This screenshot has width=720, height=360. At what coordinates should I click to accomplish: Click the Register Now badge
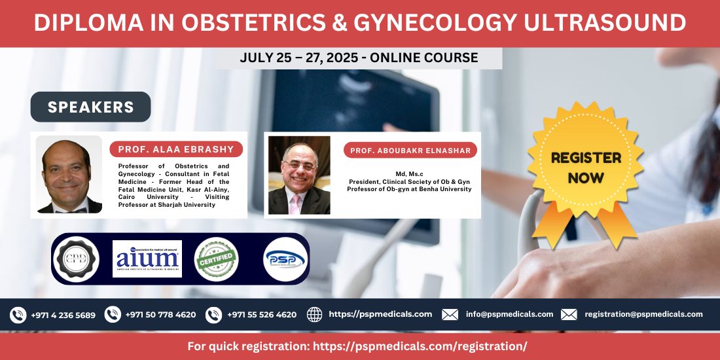coord(585,168)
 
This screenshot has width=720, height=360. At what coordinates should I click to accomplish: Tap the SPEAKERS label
coord(90,107)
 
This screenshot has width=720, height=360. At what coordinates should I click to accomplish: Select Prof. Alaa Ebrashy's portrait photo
coord(69,174)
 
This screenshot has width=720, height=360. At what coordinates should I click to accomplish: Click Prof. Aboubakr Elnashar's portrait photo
coord(299,175)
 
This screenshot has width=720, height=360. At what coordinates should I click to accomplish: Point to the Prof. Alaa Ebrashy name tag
coord(176,149)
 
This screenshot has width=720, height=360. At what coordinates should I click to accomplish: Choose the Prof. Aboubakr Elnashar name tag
coord(410,150)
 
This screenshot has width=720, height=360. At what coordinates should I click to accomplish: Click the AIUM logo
coord(147,259)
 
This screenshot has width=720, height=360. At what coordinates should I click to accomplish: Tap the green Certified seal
coord(217,259)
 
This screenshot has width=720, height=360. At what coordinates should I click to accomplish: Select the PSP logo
coord(285,259)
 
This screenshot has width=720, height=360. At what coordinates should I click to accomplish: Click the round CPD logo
coord(77,259)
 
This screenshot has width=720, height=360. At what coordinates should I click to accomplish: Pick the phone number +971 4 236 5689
coord(63,315)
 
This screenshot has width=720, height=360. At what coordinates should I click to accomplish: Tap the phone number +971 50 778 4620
coord(160,315)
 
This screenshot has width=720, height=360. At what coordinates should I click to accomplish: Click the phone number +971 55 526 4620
coord(261,315)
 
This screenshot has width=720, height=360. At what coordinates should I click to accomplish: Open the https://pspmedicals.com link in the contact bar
coord(380,314)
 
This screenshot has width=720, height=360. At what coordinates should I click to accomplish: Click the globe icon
coord(315,315)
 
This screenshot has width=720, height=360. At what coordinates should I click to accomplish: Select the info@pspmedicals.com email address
coord(509,314)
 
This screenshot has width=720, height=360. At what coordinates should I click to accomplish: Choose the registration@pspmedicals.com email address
coord(643,314)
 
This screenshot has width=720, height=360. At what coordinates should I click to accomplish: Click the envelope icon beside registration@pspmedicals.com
coord(569,315)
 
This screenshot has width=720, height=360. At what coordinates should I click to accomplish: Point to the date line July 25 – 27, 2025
coord(359,58)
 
